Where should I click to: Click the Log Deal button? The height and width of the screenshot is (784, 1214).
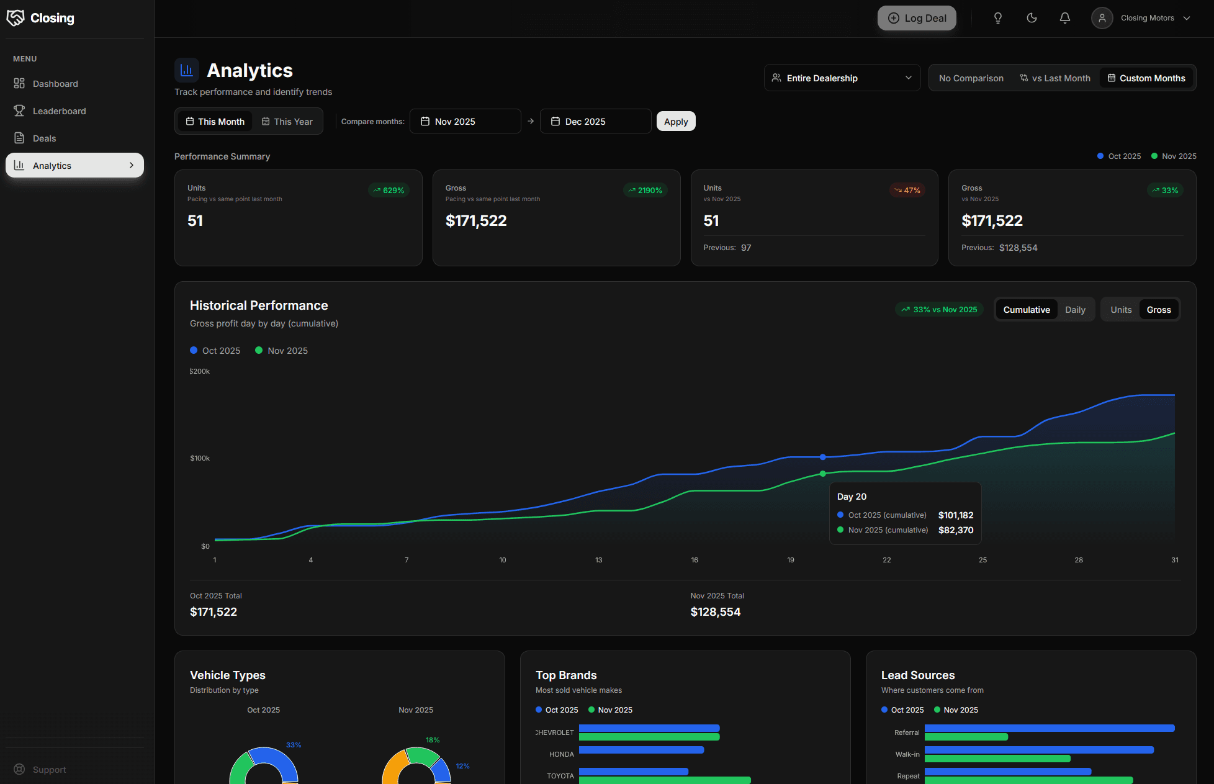click(917, 18)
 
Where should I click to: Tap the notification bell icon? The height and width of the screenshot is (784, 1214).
click(1064, 18)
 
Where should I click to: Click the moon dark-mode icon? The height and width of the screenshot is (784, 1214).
click(1032, 18)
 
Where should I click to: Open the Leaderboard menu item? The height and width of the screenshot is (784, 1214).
click(59, 111)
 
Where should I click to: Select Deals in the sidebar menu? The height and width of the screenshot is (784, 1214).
click(44, 138)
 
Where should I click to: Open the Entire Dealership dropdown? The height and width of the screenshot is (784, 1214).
click(842, 78)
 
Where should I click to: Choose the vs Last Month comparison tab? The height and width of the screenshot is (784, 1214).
click(1055, 78)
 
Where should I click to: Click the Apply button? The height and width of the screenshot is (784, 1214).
click(676, 122)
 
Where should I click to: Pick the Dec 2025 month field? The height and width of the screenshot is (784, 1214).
click(595, 122)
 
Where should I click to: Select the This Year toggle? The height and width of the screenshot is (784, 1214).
click(287, 122)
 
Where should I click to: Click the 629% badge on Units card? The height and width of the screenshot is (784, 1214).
click(389, 191)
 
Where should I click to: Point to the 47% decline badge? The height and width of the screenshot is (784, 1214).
click(907, 191)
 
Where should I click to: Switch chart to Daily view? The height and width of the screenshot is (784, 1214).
click(1075, 310)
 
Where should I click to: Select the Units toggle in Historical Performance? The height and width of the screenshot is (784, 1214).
click(1120, 310)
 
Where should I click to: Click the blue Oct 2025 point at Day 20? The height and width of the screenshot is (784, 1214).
click(822, 457)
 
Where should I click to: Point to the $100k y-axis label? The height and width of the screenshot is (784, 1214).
click(200, 458)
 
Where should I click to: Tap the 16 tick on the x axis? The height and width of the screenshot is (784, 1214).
click(695, 560)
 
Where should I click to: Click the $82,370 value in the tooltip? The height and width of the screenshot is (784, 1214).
click(955, 530)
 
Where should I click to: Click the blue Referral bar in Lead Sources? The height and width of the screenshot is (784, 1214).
click(1049, 728)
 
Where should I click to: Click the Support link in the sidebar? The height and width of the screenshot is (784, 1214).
click(49, 770)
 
